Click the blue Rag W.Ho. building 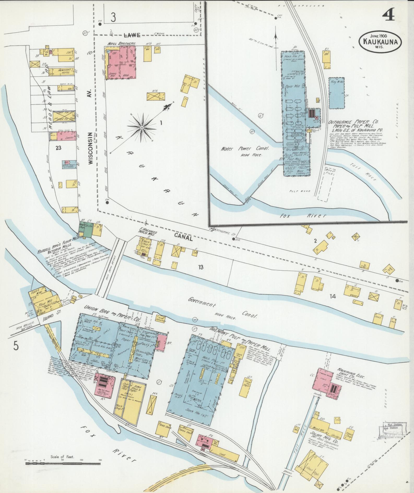click(336, 93)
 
